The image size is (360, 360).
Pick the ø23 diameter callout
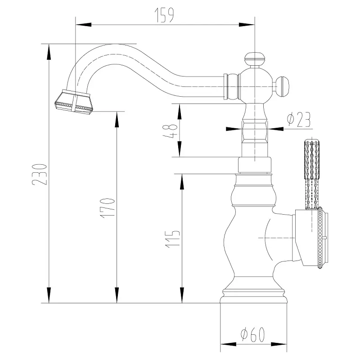click(298, 120)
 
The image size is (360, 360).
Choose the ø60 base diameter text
click(253, 335)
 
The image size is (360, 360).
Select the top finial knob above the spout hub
click(255, 59)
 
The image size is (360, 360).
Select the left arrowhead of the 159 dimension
click(79, 24)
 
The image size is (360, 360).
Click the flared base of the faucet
click(253, 297)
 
